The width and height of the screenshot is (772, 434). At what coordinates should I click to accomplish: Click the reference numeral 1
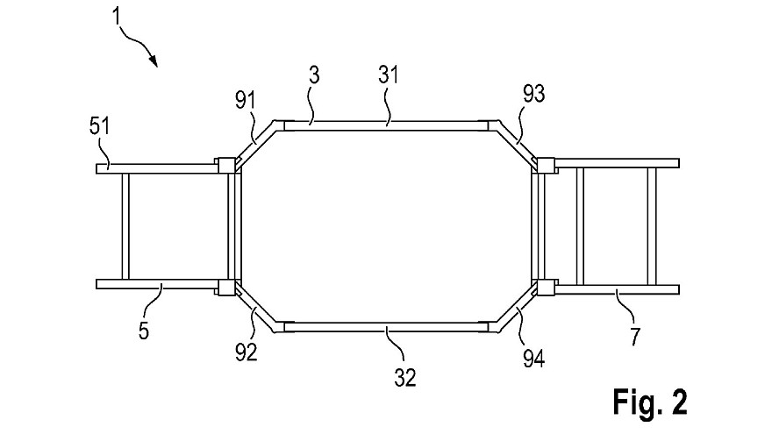pos(116,16)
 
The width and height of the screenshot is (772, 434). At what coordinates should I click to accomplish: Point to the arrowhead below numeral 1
pos(154,60)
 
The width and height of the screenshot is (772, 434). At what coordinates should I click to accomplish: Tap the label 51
pos(99,126)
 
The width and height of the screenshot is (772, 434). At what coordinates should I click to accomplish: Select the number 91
pos(245,100)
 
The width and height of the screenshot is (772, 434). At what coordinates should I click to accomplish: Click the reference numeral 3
pos(314,75)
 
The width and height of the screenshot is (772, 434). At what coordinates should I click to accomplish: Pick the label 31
pos(388,75)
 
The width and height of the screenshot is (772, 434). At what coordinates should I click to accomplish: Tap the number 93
pos(534,94)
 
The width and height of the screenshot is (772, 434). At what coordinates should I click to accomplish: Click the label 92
pos(247,352)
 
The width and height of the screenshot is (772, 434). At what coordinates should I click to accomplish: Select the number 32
pos(405,377)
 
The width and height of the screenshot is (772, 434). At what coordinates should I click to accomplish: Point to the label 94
pos(534,359)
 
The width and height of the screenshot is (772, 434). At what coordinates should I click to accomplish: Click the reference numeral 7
pos(635,337)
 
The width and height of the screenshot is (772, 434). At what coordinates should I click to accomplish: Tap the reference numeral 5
pos(143,331)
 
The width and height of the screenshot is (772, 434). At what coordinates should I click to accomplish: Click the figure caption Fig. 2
pos(650,402)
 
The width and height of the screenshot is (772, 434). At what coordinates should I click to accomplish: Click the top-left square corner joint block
pos(226,166)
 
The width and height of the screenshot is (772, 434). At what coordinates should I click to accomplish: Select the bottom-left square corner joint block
pos(226,288)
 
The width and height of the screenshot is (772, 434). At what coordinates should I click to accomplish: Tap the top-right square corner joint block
pos(546,166)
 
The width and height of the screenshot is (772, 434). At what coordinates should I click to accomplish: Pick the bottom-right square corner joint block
pos(546,288)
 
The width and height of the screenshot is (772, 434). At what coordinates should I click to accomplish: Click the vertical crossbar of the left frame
pos(125,226)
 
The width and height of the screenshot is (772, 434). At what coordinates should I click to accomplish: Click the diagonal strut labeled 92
pos(255,310)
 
